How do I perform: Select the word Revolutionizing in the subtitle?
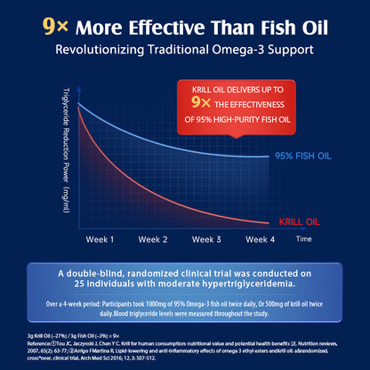[100, 50]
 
